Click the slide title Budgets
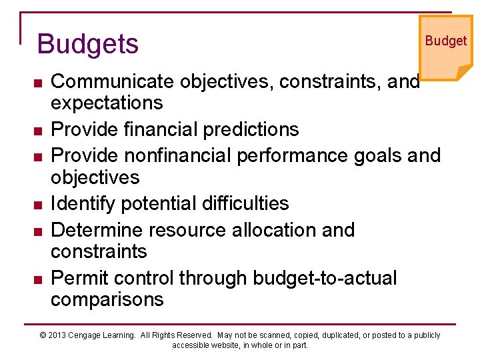coord(88,44)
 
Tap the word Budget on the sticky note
coord(445,41)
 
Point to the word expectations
coord(107,103)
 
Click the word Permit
coord(77,277)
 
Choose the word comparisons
coord(107,299)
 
